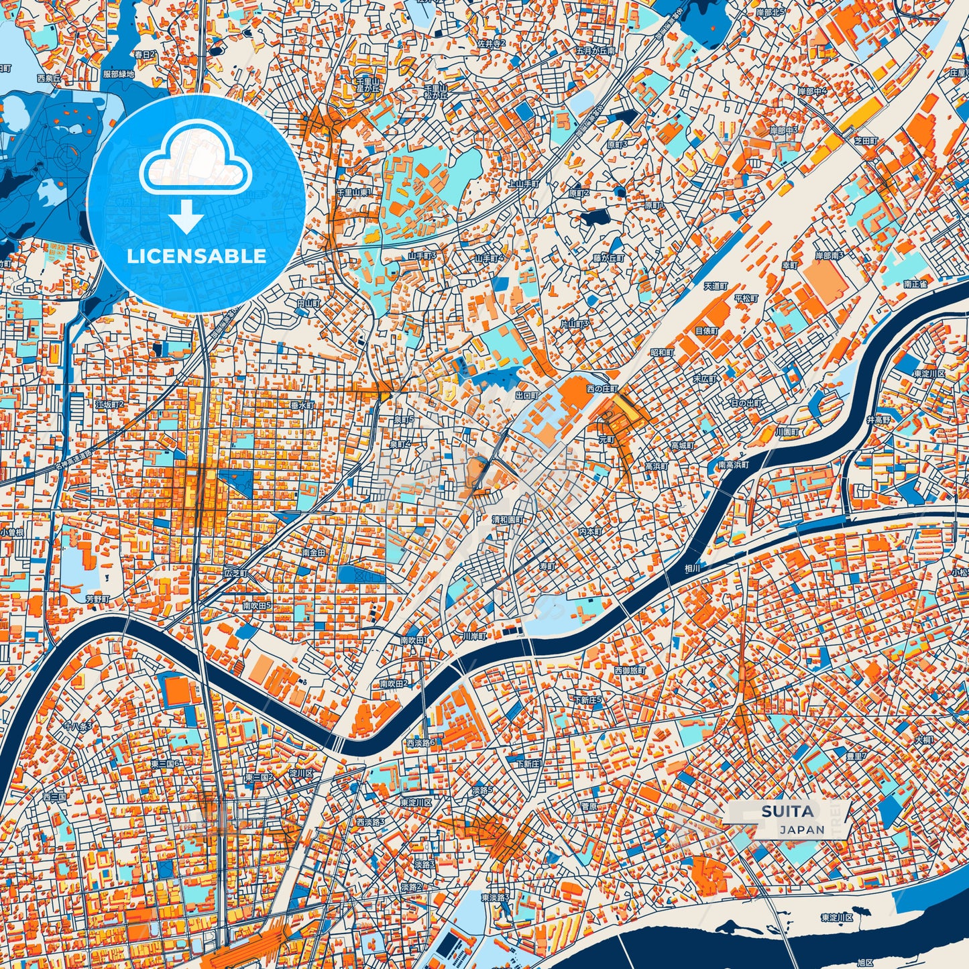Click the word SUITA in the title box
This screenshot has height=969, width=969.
787,811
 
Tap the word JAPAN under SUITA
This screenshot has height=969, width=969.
801,830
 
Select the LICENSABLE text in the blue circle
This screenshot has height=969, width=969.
196,256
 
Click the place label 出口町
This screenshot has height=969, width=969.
527,396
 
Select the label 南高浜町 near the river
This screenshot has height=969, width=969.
733,465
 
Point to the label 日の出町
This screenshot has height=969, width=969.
746,404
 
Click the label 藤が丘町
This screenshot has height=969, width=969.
608,258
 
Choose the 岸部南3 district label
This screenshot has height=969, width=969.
830,255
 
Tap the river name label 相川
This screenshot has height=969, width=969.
693,567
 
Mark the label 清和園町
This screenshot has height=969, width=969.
508,520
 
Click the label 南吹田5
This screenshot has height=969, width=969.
258,605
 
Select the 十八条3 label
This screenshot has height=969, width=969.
77,726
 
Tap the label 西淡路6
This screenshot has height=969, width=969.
420,742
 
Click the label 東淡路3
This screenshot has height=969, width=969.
495,897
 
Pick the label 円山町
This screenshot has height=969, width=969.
309,303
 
